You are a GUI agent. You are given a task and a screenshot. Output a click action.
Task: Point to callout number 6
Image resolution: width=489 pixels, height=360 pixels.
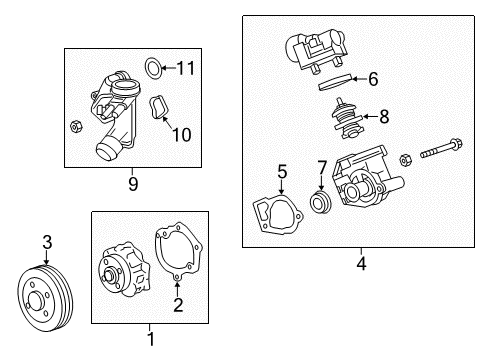click(x=372, y=78)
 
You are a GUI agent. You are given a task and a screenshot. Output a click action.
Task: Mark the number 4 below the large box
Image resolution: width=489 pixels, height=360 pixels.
click(x=361, y=264)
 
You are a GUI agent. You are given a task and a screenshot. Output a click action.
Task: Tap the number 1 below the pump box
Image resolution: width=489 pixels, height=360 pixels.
click(x=151, y=339)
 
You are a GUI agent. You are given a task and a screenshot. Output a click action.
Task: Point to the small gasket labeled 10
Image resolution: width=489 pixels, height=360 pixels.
click(x=159, y=109)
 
